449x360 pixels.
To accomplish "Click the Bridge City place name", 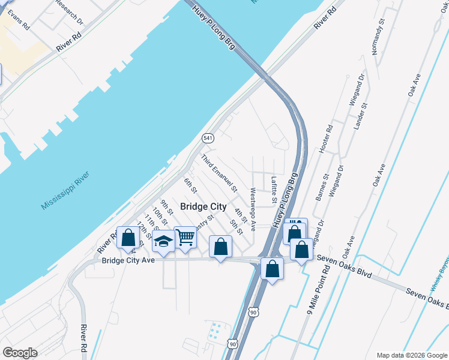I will [x=203, y=206].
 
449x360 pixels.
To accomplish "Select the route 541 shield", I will [x=208, y=138].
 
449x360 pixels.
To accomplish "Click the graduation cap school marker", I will [x=163, y=242].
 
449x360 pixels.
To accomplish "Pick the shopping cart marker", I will [x=186, y=238].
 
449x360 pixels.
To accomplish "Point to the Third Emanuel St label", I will [x=219, y=173].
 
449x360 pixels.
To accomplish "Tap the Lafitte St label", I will [x=274, y=188].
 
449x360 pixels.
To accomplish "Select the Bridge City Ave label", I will [x=128, y=260].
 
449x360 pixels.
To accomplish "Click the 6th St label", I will [x=191, y=186].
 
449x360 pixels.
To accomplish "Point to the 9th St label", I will [x=166, y=208].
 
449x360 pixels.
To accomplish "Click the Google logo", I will [x=20, y=353].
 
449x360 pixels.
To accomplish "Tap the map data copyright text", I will [x=411, y=355].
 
